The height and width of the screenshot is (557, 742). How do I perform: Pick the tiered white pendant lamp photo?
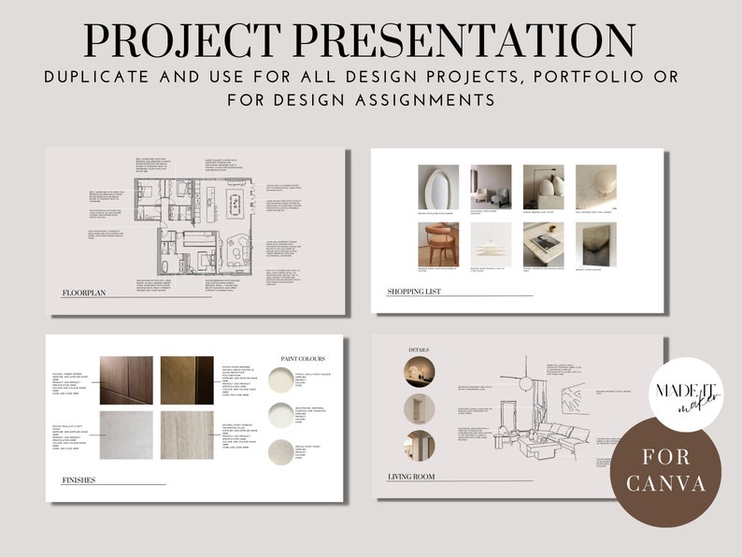pos(492,245)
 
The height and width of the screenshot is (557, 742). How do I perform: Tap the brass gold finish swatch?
pos(187,378)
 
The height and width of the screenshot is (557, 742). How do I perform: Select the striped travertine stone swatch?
pos(187,436)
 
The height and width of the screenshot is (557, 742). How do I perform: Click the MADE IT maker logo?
pos(687,393)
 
